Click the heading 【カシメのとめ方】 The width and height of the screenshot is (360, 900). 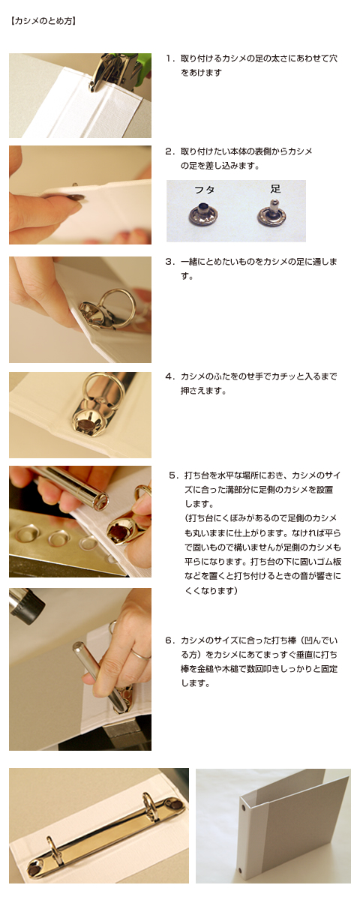[43, 21]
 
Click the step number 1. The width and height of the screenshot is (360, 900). [169, 58]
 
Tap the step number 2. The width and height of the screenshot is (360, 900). [169, 151]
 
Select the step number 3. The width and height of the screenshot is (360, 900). [169, 262]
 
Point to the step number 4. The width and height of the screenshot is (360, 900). [169, 376]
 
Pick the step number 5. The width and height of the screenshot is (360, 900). [172, 475]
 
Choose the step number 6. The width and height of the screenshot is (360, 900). [169, 640]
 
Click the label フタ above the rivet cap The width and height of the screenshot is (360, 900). [204, 190]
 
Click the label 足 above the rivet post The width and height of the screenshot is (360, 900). [275, 189]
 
